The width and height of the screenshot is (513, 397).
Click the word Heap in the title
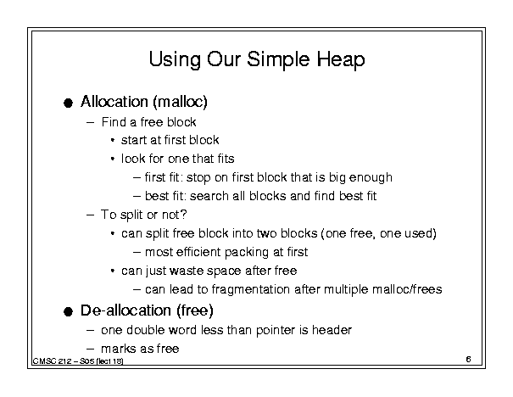pos(341,60)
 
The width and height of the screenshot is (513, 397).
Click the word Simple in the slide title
pos(278,60)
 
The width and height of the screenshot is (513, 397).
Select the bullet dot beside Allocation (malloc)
pos(68,103)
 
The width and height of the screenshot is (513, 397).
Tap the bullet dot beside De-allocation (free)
pos(68,311)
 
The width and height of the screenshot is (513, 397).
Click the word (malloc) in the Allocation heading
pos(180,102)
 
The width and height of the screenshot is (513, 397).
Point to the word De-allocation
pos(125,310)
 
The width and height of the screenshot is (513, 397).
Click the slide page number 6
pos(469,359)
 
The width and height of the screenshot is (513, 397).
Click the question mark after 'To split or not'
pos(183,215)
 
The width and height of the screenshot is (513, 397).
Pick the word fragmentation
pos(251,289)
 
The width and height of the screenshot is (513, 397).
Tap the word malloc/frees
pos(407,289)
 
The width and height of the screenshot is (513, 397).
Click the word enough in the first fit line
pos(371,178)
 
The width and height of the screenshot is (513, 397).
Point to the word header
pos(332,330)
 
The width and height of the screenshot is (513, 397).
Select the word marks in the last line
pos(117,349)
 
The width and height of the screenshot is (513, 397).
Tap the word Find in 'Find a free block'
pos(114,122)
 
